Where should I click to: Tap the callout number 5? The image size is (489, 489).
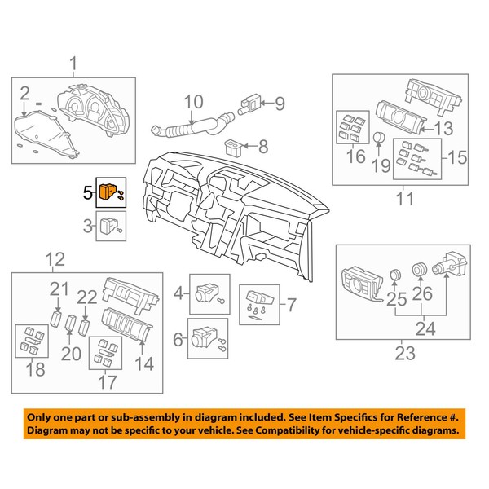(88, 193)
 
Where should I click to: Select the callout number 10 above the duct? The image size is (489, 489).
(194, 102)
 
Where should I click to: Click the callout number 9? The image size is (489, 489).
(280, 104)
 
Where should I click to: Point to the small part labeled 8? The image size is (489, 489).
(232, 147)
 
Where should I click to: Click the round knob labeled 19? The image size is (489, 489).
(379, 137)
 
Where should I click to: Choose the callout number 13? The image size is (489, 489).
(444, 129)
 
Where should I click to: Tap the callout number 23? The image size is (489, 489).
(405, 354)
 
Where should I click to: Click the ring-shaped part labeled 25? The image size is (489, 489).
(395, 275)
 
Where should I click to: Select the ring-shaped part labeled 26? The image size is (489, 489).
(420, 269)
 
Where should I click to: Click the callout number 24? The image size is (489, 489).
(425, 328)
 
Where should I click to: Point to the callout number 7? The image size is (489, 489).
(291, 305)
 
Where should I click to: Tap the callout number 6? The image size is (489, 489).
(178, 339)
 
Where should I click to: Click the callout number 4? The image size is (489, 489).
(178, 293)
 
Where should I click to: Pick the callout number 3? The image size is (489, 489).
(88, 226)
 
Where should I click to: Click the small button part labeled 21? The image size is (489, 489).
(55, 319)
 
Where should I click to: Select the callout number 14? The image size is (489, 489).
(144, 363)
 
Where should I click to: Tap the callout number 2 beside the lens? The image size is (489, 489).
(25, 93)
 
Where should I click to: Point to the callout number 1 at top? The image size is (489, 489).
(73, 64)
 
